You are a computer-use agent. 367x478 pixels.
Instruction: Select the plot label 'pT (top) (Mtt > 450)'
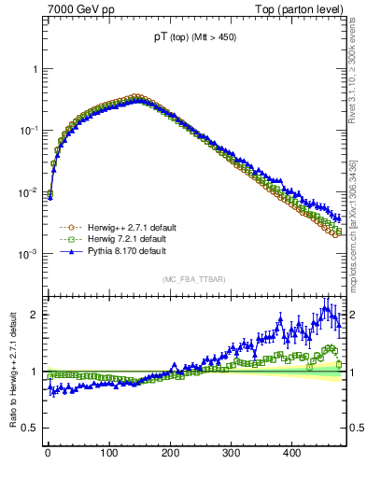(x=193, y=39)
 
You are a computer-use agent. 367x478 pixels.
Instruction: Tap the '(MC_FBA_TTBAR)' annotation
(x=193, y=279)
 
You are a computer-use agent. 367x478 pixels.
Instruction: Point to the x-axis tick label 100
(x=109, y=453)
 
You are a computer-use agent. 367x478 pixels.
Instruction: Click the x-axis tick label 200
(x=170, y=453)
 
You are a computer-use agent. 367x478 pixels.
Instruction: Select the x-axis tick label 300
(x=231, y=453)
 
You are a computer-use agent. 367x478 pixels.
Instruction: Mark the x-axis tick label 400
(x=292, y=453)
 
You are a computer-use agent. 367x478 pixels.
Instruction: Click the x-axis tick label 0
(x=49, y=453)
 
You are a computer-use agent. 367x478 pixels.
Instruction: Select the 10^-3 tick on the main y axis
(x=29, y=255)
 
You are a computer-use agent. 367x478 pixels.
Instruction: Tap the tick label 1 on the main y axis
(x=35, y=70)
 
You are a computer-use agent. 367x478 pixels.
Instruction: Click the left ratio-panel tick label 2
(x=35, y=315)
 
